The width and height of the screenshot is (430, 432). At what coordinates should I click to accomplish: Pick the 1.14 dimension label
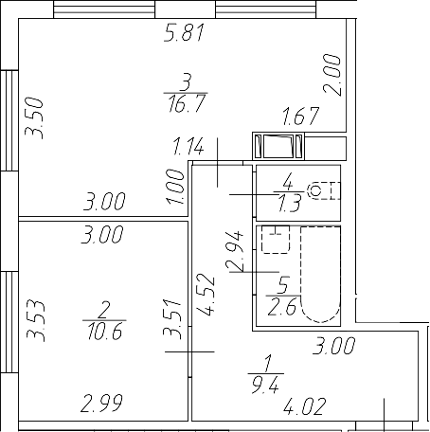(189, 147)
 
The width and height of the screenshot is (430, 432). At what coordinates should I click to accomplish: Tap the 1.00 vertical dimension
(174, 182)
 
